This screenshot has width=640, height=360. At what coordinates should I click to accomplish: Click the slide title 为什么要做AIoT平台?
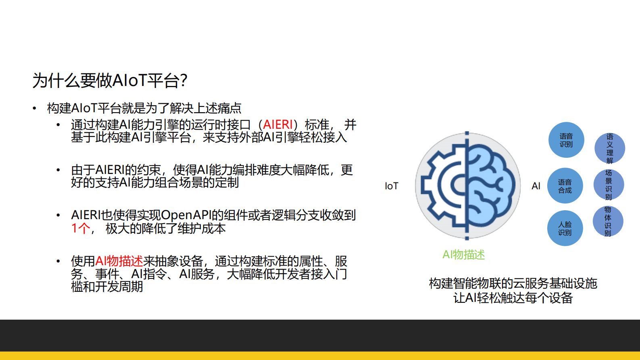110,80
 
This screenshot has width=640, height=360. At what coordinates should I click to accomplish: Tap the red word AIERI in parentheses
277,125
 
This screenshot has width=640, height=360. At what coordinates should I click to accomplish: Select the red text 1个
81,228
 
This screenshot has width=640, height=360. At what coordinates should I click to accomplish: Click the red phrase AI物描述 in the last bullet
119,261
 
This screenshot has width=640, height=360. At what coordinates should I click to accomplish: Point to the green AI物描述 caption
463,255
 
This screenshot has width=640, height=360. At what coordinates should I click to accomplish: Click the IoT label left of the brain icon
391,186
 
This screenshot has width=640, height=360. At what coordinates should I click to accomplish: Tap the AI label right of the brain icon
536,186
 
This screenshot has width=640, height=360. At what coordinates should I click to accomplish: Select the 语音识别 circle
566,140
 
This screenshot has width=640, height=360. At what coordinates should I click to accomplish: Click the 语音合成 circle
565,186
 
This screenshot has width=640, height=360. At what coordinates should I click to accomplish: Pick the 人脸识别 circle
565,228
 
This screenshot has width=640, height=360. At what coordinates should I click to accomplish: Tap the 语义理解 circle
609,149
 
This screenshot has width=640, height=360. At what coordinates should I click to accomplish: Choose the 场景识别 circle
609,185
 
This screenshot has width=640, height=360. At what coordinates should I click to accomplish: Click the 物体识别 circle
608,221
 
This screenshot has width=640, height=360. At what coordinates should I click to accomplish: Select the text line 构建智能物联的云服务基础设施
513,283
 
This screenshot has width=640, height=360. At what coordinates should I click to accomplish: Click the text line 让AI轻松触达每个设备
513,298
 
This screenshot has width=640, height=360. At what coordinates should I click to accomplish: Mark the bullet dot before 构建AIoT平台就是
35,108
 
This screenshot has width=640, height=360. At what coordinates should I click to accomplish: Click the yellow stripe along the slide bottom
320,356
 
